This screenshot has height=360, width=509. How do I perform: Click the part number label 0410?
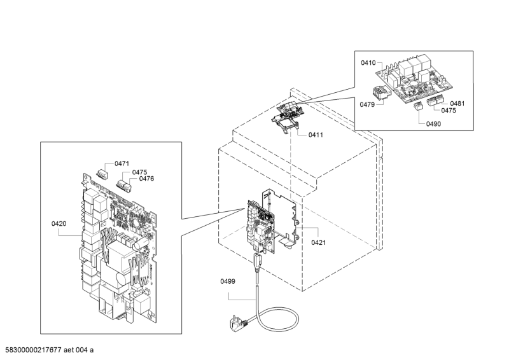368,63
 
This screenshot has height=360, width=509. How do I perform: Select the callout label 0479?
367,104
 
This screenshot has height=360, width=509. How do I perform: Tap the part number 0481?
457,104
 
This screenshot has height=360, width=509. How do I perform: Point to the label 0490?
434,124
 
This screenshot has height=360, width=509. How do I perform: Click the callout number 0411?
316,135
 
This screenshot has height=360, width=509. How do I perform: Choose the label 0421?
319,242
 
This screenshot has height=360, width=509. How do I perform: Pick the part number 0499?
228,281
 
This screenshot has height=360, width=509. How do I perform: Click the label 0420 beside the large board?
59,224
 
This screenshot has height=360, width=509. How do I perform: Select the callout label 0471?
122,163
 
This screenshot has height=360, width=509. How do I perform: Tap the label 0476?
147,179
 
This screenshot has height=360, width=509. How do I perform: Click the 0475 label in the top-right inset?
449,111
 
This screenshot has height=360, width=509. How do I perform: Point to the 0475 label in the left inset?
139,172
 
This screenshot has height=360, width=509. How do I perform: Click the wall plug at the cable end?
238,322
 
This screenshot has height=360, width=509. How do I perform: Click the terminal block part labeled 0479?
381,92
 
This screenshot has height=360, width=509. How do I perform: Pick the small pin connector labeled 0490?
417,106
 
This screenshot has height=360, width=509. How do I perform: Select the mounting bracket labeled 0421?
281,218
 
